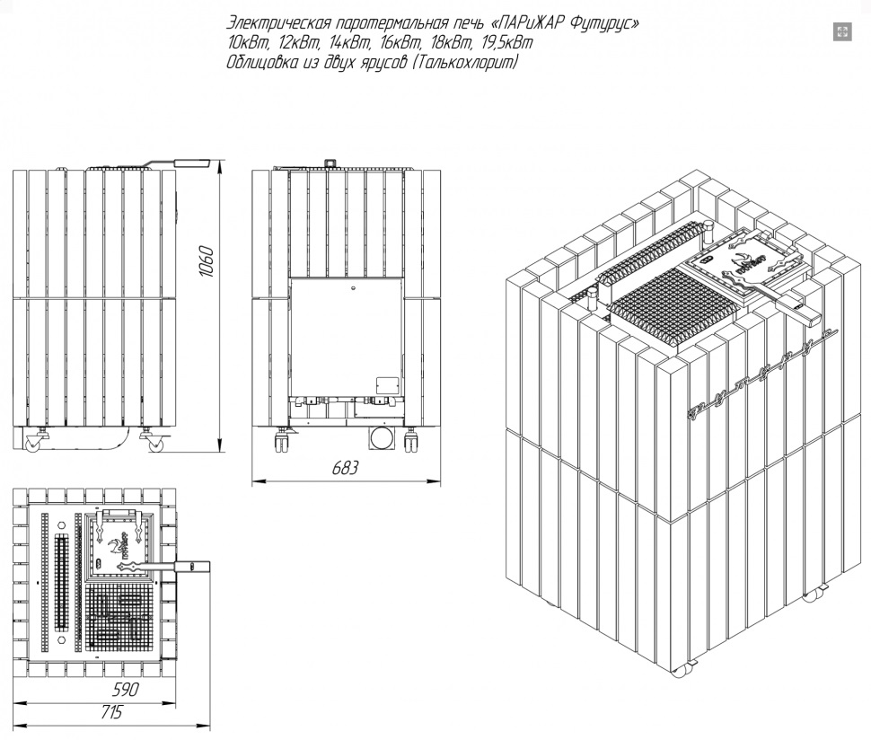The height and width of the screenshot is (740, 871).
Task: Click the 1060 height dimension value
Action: pyautogui.click(x=206, y=261)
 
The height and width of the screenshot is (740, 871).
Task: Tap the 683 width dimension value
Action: pyautogui.click(x=345, y=468)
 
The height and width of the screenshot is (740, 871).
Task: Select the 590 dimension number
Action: pyautogui.click(x=126, y=690)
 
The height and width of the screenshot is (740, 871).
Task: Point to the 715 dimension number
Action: pyautogui.click(x=111, y=712)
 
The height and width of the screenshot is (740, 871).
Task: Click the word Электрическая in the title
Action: pyautogui.click(x=279, y=24)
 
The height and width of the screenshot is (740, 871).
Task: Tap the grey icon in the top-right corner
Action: pyautogui.click(x=842, y=31)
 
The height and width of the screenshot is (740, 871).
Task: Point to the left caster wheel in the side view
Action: pyautogui.click(x=32, y=443)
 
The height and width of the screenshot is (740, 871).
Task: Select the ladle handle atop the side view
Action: pyautogui.click(x=178, y=163)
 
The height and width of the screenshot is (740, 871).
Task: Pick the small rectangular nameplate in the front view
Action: pyautogui.click(x=387, y=385)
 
